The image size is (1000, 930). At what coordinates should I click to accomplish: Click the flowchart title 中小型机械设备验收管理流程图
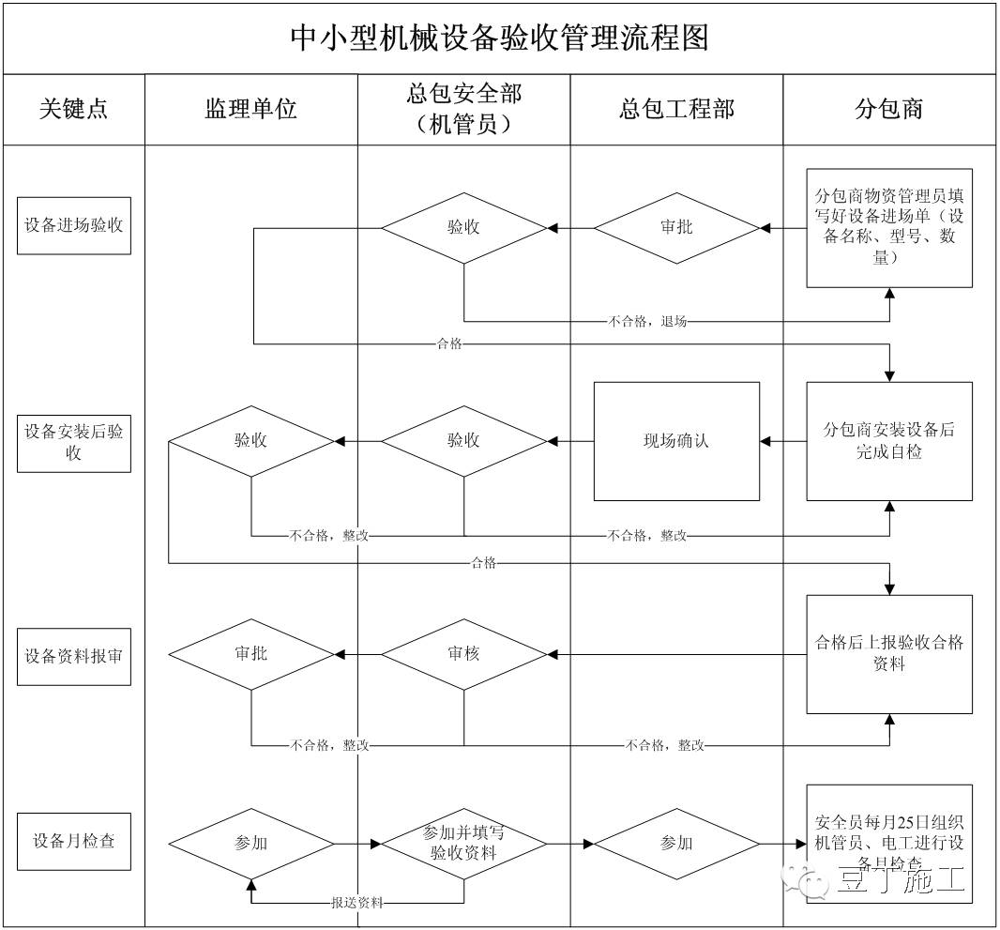(499, 38)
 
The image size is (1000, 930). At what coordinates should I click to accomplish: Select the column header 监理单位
(250, 109)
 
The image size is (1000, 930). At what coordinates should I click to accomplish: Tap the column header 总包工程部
(676, 109)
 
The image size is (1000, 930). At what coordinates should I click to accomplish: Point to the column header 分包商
(889, 109)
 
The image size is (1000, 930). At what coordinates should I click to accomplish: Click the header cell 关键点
(73, 109)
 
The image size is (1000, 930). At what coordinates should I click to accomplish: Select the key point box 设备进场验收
(74, 225)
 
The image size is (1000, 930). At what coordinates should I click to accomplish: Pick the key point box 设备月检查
(74, 841)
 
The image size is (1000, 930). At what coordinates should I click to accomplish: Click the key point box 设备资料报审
(74, 655)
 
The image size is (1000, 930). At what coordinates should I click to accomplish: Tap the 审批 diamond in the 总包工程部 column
(676, 227)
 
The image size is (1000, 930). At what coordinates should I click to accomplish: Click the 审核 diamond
(463, 653)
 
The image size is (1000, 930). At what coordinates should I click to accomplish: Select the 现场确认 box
(676, 440)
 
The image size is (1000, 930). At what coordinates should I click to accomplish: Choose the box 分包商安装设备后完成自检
(889, 440)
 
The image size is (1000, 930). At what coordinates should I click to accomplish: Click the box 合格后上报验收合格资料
(889, 653)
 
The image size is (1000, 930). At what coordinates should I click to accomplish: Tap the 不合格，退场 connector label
(647, 322)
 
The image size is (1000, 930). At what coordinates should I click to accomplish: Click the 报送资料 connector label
(357, 903)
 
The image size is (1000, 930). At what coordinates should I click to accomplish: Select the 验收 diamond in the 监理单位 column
(250, 440)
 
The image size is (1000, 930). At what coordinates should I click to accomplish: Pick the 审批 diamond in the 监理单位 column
(250, 653)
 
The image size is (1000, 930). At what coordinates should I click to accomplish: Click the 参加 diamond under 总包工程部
(676, 843)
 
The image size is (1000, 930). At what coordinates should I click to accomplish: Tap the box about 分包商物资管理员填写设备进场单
(889, 227)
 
